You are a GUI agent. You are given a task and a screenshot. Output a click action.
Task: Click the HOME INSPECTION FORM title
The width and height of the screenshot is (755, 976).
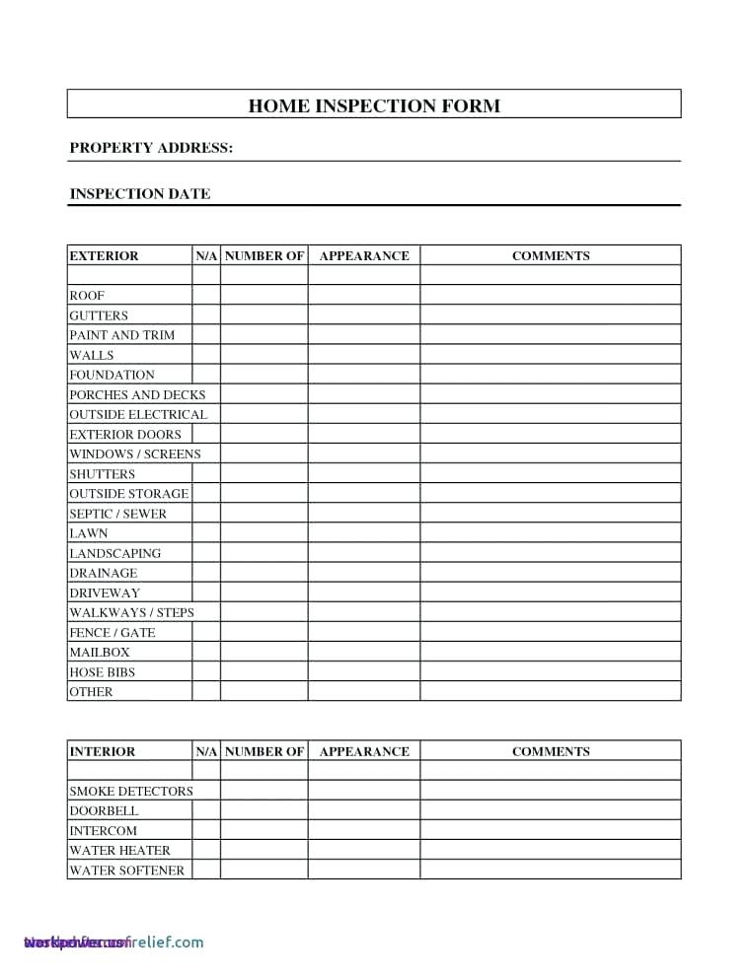click(x=374, y=105)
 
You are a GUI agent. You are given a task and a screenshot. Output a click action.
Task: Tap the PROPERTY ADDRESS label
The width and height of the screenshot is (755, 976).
click(x=151, y=148)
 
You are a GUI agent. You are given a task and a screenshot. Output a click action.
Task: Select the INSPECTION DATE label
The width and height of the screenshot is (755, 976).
click(x=139, y=194)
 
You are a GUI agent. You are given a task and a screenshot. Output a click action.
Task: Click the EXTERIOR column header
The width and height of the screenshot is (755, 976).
click(x=104, y=255)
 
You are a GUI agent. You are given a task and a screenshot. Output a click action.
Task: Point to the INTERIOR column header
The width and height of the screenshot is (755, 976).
click(x=102, y=751)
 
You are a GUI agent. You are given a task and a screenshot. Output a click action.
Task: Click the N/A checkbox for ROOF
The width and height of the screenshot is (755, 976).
click(x=205, y=295)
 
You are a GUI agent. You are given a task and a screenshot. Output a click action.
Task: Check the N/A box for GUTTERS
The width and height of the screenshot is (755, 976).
click(x=205, y=315)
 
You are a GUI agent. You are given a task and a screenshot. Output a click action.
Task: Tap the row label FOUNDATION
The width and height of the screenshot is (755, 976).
click(x=112, y=375)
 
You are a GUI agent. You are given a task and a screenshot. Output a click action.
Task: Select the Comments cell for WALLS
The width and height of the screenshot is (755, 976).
click(x=550, y=355)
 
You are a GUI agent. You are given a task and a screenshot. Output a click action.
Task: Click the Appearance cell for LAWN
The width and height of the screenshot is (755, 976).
click(x=363, y=533)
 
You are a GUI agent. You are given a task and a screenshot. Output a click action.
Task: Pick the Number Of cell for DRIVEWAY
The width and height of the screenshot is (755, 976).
click(x=264, y=593)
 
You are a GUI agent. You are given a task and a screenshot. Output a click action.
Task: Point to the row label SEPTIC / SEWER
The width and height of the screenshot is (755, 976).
click(x=117, y=514)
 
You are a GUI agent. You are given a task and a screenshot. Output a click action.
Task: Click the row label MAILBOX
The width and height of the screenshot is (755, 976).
click(x=99, y=652)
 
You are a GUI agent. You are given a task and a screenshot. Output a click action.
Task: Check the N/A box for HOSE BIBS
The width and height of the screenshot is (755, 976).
click(x=205, y=671)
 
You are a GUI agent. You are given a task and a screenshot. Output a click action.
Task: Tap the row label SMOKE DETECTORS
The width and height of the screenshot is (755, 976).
click(x=130, y=791)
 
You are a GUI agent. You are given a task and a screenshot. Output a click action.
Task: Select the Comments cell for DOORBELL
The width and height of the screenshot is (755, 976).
click(x=550, y=810)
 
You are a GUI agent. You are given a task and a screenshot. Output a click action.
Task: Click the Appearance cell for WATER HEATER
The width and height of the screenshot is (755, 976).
click(x=363, y=850)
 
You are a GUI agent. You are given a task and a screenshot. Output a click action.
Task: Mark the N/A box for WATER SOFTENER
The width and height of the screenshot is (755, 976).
click(x=205, y=870)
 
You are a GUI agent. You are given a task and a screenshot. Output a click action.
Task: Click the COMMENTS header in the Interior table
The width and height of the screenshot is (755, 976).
click(x=550, y=751)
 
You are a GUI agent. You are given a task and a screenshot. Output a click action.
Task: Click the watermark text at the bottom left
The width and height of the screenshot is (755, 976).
click(x=113, y=941)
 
